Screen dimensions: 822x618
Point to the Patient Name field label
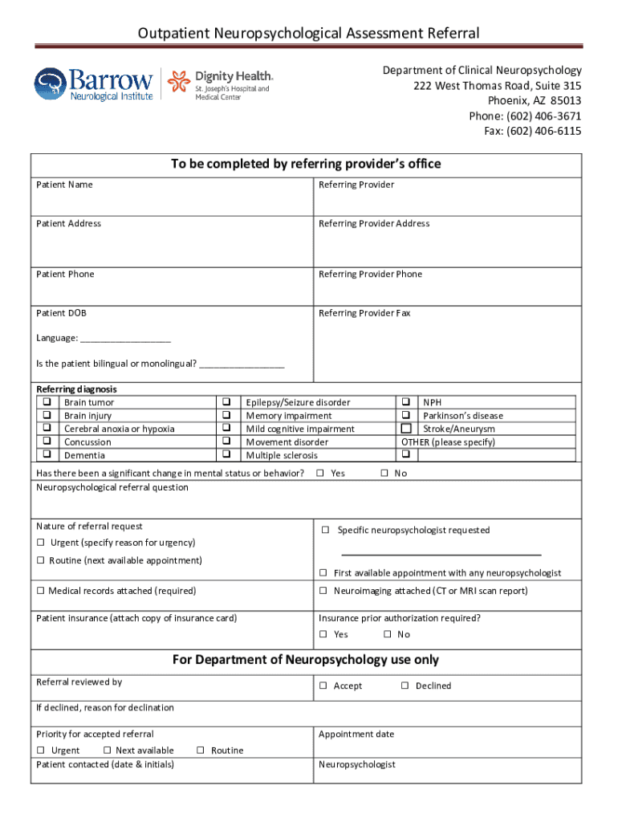pyautogui.click(x=64, y=185)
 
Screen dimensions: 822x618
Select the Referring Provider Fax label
pyautogui.click(x=364, y=313)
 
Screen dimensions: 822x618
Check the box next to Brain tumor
pyautogui.click(x=47, y=402)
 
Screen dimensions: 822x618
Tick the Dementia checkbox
pyautogui.click(x=47, y=455)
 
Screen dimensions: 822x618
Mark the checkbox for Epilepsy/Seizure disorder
pyautogui.click(x=226, y=402)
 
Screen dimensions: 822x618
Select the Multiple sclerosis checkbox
pyautogui.click(x=226, y=455)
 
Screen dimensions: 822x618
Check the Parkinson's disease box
pyautogui.click(x=406, y=416)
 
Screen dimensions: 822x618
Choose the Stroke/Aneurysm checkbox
pyautogui.click(x=406, y=429)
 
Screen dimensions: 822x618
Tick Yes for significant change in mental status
pyautogui.click(x=320, y=474)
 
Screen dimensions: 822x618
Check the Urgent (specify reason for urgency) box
pyautogui.click(x=40, y=543)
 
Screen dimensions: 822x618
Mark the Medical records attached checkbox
pyautogui.click(x=40, y=592)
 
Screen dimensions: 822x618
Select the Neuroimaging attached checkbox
pyautogui.click(x=323, y=592)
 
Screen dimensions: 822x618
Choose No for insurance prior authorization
pyautogui.click(x=387, y=635)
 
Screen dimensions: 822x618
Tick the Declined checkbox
pyautogui.click(x=405, y=686)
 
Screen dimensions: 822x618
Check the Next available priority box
pyautogui.click(x=106, y=751)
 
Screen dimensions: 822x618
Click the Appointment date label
pyautogui.click(x=356, y=735)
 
